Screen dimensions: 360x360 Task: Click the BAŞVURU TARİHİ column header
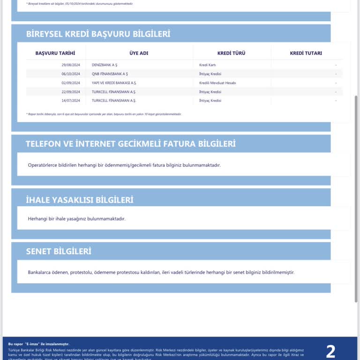(55, 53)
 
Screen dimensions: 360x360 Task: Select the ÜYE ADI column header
(139, 53)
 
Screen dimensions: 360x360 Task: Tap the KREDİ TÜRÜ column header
(231, 53)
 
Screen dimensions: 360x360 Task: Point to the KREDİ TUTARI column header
(306, 53)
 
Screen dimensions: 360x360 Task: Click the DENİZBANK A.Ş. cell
(105, 65)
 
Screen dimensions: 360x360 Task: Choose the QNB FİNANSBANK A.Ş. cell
(110, 74)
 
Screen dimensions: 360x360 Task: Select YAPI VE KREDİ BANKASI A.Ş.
(114, 83)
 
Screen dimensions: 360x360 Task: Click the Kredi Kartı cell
(207, 65)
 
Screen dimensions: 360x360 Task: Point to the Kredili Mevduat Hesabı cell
(217, 83)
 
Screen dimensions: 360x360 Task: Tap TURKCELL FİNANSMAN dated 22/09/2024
(114, 92)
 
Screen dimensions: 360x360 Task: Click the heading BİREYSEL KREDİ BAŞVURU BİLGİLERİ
(98, 34)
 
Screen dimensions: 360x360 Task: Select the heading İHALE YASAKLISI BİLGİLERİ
(80, 200)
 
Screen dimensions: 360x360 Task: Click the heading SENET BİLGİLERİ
(59, 251)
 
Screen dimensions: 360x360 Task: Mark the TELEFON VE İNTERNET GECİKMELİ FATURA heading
(131, 144)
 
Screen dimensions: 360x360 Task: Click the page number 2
(330, 351)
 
